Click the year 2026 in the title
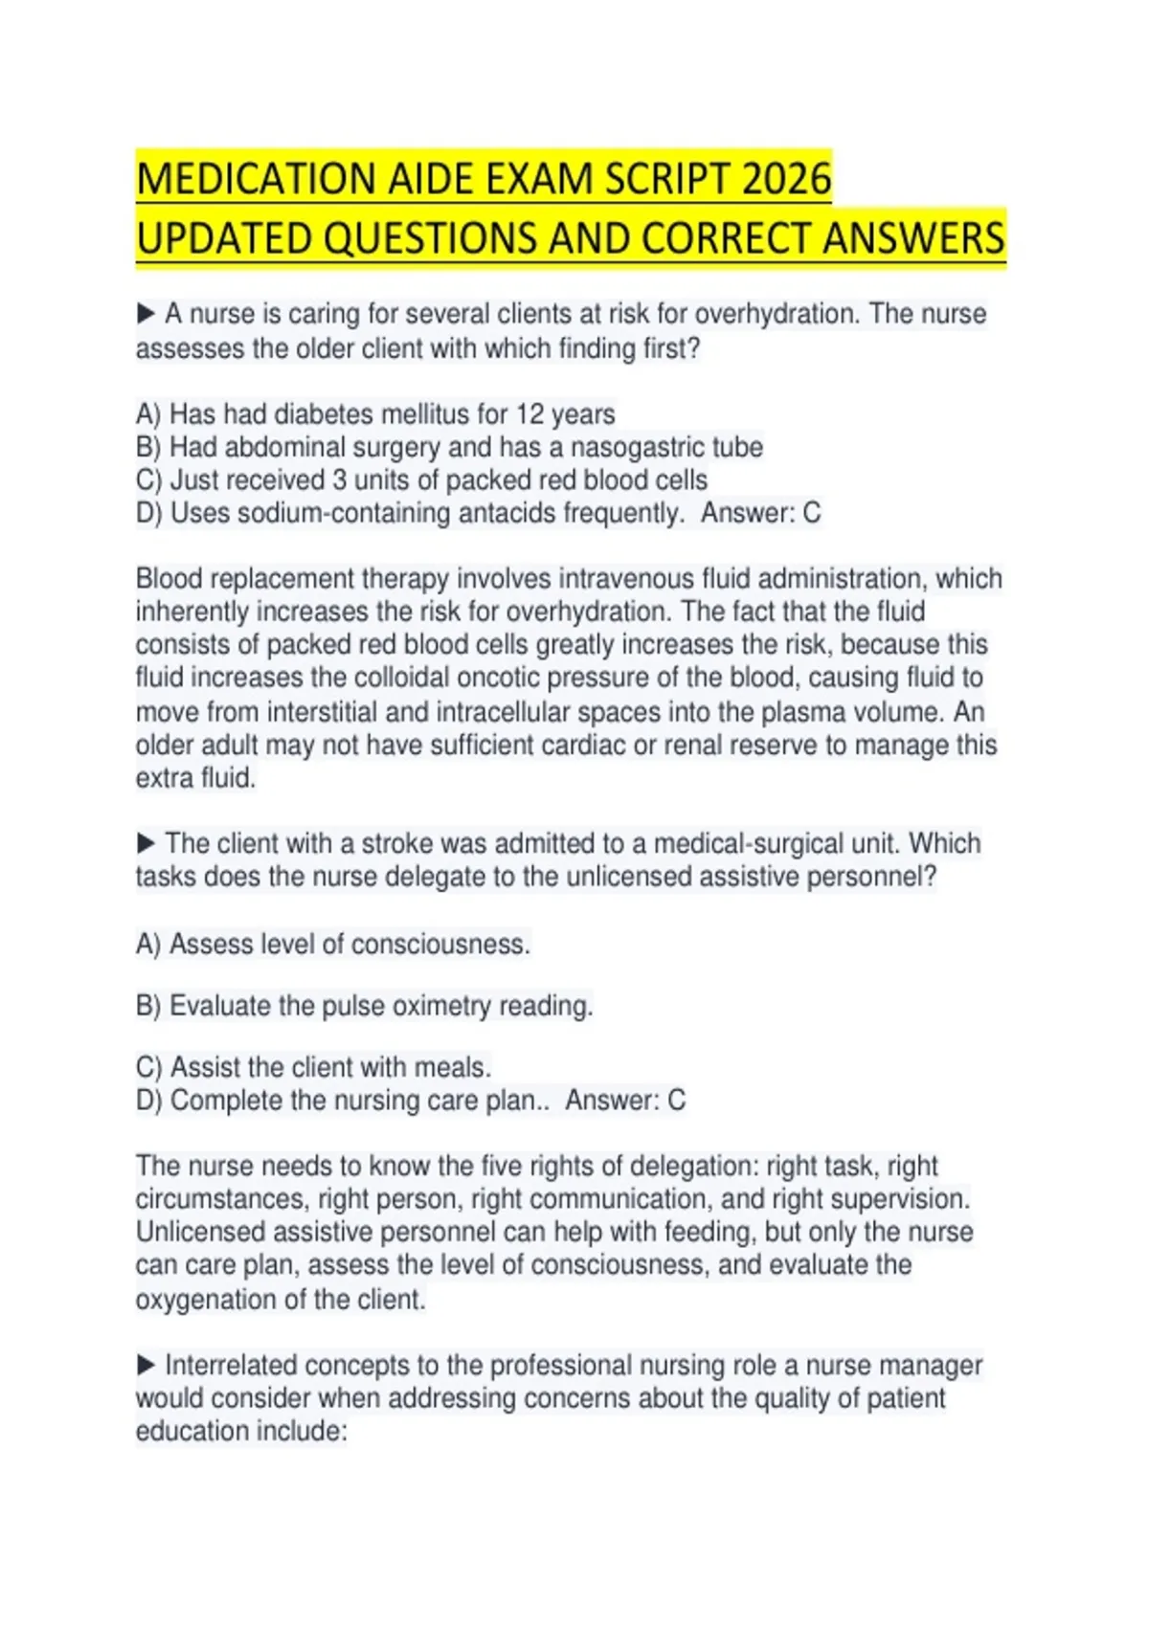tap(786, 179)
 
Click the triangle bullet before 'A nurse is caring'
tap(146, 313)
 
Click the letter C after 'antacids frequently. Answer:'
tap(811, 513)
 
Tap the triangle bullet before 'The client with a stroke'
tap(146, 843)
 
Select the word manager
tap(931, 1365)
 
